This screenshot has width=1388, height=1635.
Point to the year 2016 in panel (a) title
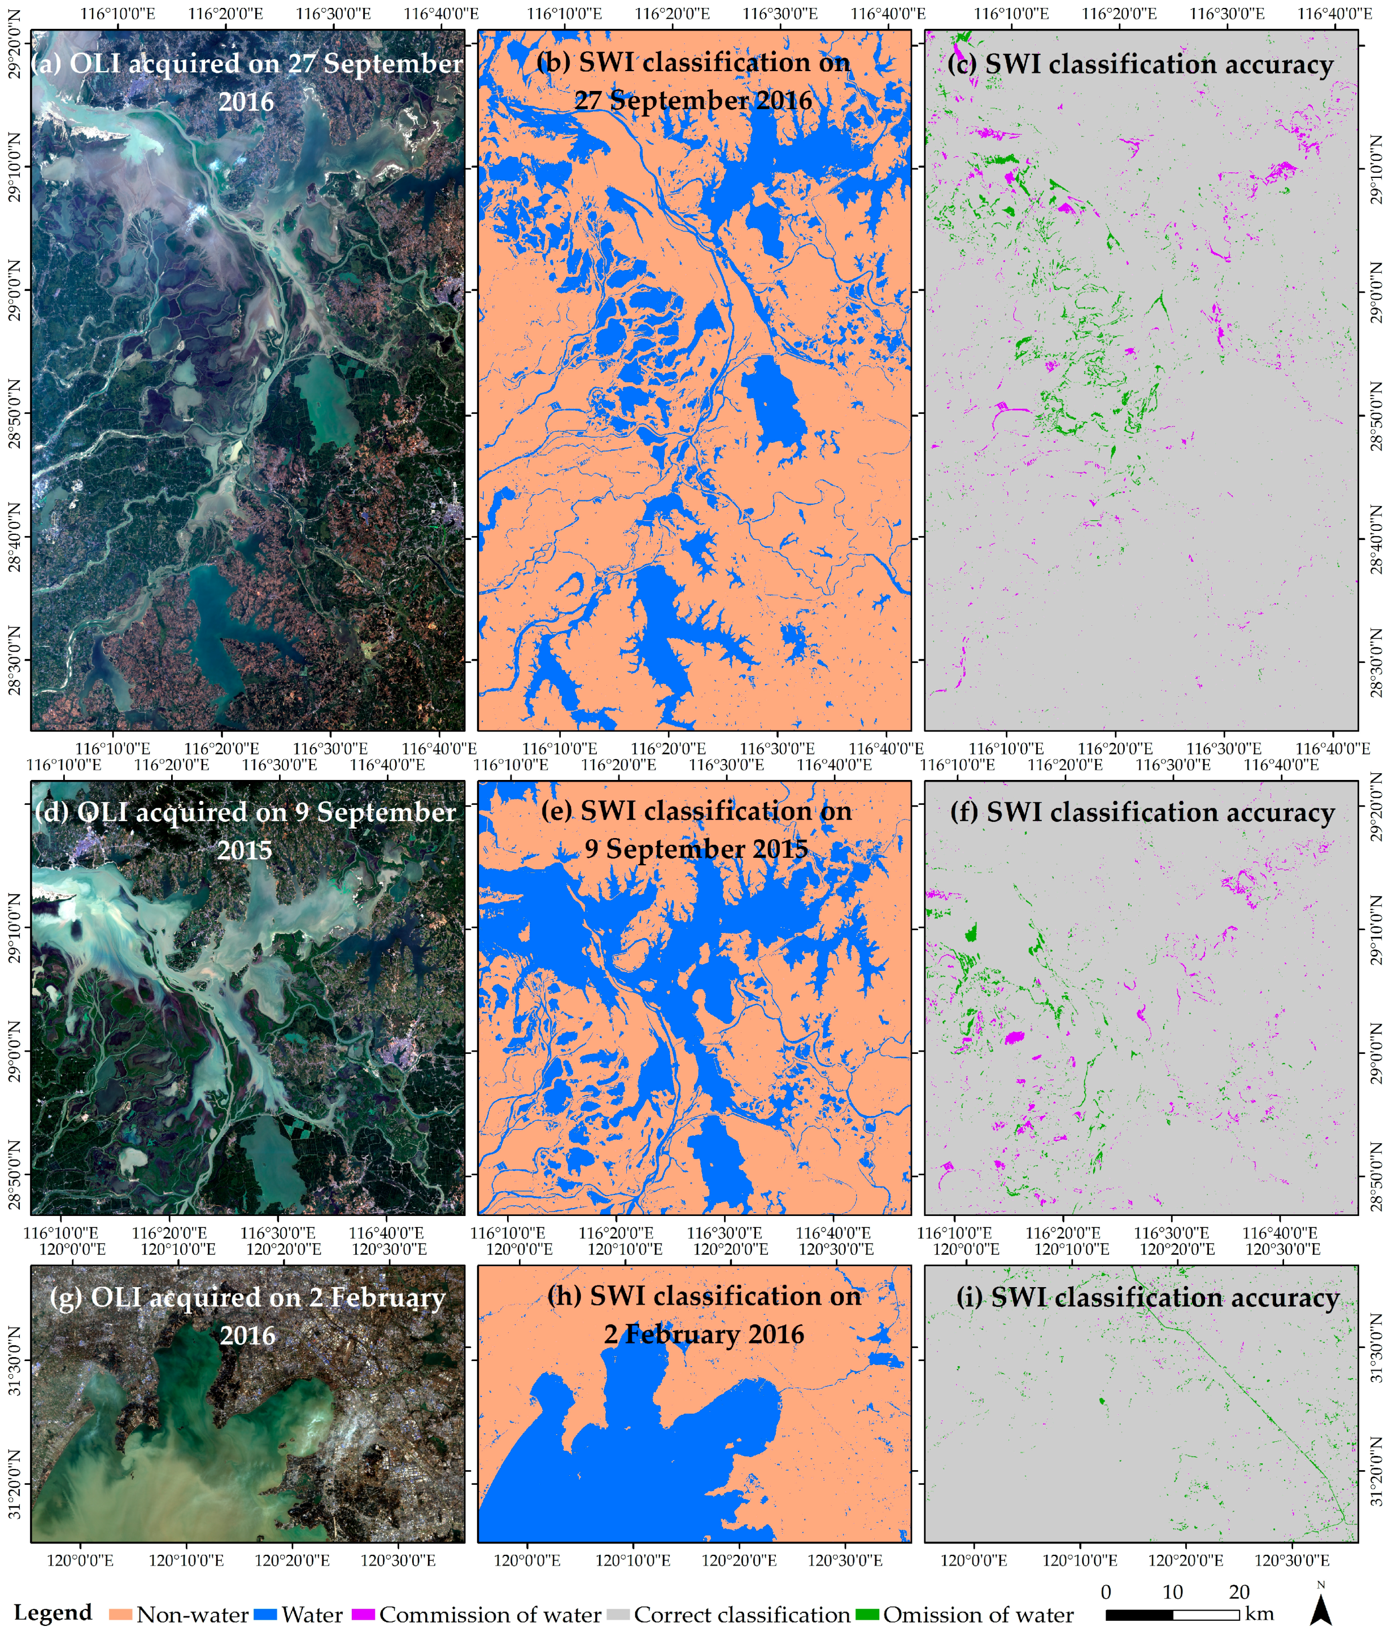coord(246,102)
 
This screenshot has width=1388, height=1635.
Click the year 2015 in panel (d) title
coord(245,851)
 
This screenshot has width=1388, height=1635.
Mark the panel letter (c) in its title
coord(962,64)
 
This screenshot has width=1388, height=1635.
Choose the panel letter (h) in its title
coord(564,1297)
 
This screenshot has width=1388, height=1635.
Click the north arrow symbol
coord(1321,1611)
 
